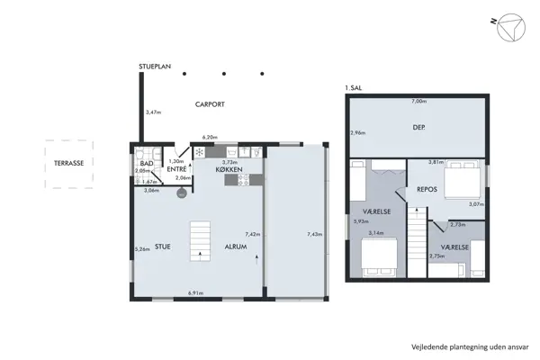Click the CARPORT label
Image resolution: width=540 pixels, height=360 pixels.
point(210,104)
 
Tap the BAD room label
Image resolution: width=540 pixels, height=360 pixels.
point(146,163)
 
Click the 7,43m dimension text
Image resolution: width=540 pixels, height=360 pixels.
point(314,234)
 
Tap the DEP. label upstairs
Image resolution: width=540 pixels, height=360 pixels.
point(418,127)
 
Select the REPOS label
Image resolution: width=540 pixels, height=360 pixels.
point(427,190)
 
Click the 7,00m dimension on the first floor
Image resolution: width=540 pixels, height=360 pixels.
point(418,102)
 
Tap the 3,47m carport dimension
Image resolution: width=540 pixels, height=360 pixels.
point(153,112)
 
